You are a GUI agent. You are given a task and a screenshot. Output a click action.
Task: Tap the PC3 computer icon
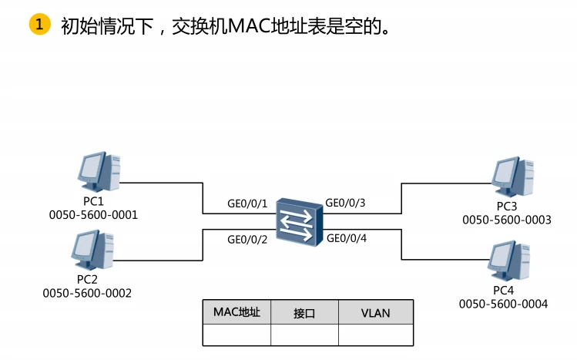pyautogui.click(x=514, y=177)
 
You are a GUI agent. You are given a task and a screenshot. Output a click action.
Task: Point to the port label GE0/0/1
pyautogui.click(x=247, y=204)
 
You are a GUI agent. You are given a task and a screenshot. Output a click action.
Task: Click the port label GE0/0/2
pyautogui.click(x=247, y=240)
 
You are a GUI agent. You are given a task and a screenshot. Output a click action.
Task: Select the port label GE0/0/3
pyautogui.click(x=346, y=204)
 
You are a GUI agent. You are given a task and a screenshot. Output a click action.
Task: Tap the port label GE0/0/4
pyautogui.click(x=347, y=238)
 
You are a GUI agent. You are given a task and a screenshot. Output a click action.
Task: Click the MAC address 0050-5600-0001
pyautogui.click(x=93, y=215)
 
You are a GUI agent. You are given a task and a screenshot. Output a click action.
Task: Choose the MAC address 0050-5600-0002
pyautogui.click(x=87, y=293)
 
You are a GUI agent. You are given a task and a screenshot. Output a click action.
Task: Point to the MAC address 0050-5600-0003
pyautogui.click(x=506, y=220)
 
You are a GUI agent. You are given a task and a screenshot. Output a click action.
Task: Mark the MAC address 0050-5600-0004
pyautogui.click(x=503, y=304)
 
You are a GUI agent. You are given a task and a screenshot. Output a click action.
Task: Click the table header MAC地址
pyautogui.click(x=237, y=312)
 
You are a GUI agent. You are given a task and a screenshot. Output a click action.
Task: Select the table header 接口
pyautogui.click(x=304, y=313)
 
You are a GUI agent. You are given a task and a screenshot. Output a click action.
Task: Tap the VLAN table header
pyautogui.click(x=375, y=313)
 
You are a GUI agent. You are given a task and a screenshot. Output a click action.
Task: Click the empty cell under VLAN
pyautogui.click(x=375, y=335)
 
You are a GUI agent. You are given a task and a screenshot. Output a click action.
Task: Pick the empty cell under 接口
pyautogui.click(x=304, y=335)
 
